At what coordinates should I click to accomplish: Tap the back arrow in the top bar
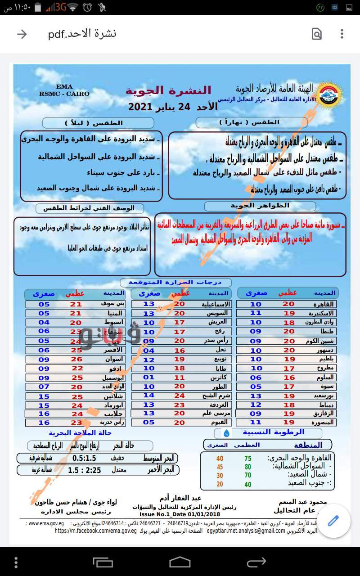point(22,34)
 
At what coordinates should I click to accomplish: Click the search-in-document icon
point(317,34)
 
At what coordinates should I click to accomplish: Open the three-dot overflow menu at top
point(342,34)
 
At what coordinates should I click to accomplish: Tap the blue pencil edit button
point(333,521)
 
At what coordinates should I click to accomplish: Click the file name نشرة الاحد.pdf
point(82,34)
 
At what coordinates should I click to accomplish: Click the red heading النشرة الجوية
point(168,91)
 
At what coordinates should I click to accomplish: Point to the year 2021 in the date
point(144,107)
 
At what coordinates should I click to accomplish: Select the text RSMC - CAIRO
point(64,94)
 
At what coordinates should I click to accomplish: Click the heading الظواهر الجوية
point(260,206)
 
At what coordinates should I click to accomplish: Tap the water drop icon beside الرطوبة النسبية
point(226,433)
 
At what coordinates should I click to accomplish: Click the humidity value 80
point(247,467)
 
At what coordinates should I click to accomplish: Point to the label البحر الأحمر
point(163,470)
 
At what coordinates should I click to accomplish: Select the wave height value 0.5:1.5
point(84,459)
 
